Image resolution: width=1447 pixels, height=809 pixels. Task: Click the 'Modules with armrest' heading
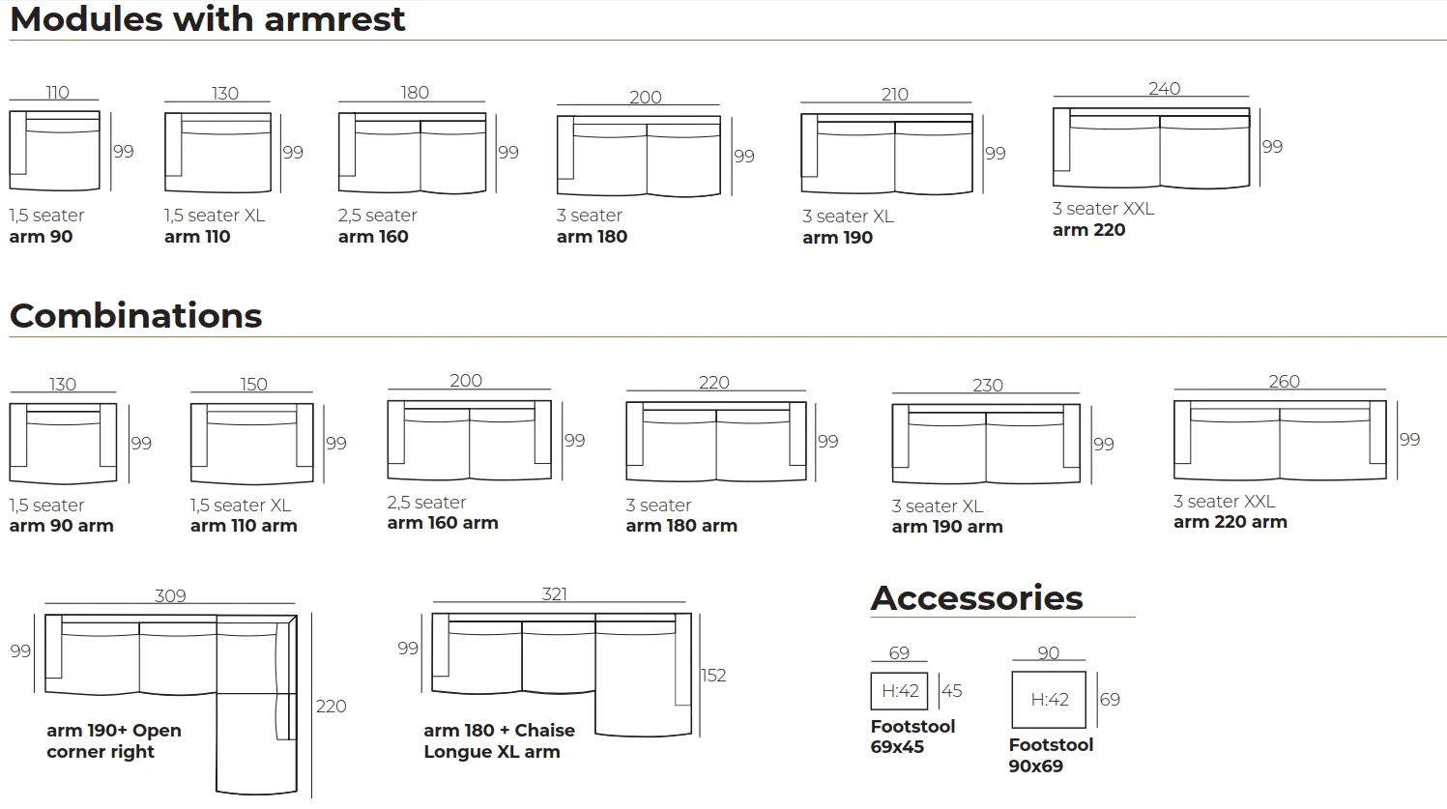pos(208,18)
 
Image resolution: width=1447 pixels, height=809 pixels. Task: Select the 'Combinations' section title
pos(135,316)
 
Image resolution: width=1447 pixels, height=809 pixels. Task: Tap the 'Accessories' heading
pos(976,597)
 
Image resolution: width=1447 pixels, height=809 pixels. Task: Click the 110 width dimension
pos(57,93)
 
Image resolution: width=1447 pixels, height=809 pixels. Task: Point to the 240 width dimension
pos(1164,89)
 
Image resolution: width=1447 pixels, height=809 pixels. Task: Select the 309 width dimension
pos(170,595)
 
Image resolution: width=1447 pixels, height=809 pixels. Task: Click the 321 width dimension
pos(554,593)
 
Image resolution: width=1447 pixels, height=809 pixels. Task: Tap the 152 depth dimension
pos(713,676)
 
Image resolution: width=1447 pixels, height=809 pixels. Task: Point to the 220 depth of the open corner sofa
pos(331,707)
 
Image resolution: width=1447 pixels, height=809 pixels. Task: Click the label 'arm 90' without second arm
pos(41,237)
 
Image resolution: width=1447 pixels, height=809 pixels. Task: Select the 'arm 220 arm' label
pos(1230,522)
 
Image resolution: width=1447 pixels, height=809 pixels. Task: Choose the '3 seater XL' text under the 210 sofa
pos(848,216)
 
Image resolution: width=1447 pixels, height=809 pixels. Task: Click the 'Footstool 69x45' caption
pos(912,737)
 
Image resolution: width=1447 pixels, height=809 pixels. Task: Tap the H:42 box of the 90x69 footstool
pos(1049,700)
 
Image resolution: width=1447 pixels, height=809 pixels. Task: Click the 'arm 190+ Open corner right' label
pos(114,741)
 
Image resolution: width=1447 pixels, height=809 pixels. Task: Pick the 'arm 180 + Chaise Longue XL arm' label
pos(500,741)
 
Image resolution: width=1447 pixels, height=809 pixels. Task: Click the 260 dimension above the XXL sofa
pos(1285,381)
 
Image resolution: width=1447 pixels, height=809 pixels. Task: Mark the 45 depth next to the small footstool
pos(951,691)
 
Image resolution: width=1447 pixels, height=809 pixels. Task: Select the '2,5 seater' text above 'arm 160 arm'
pos(426,502)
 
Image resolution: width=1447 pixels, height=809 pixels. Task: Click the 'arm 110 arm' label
pos(244,526)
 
